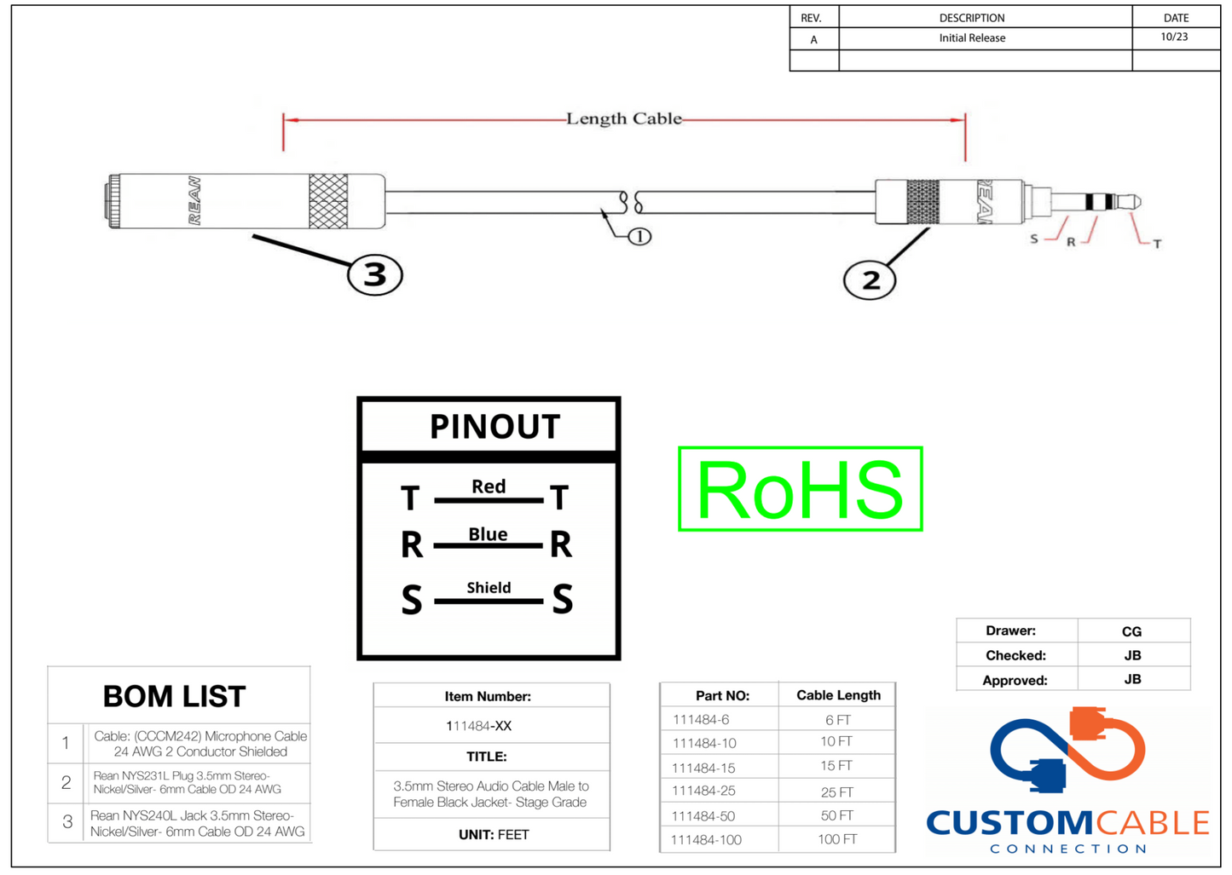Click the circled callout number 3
pyautogui.click(x=374, y=275)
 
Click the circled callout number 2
pyautogui.click(x=870, y=280)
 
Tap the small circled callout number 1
pyautogui.click(x=639, y=237)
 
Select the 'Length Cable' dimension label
pyautogui.click(x=624, y=119)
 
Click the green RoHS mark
pyautogui.click(x=800, y=489)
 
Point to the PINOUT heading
pyautogui.click(x=495, y=426)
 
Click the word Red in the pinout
pyautogui.click(x=489, y=486)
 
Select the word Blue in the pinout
pyautogui.click(x=488, y=534)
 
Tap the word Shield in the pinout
pyautogui.click(x=489, y=588)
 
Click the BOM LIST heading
pyautogui.click(x=175, y=696)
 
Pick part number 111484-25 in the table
pyautogui.click(x=703, y=792)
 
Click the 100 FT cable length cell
pyautogui.click(x=837, y=839)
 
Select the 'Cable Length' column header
pyautogui.click(x=838, y=695)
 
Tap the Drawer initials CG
pyautogui.click(x=1131, y=631)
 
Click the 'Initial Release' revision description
pyautogui.click(x=972, y=38)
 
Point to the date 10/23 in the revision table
pyautogui.click(x=1174, y=37)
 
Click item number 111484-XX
pyautogui.click(x=478, y=726)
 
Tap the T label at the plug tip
pyautogui.click(x=1157, y=245)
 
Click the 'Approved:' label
pyautogui.click(x=1015, y=680)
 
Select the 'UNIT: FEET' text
pyautogui.click(x=494, y=835)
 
